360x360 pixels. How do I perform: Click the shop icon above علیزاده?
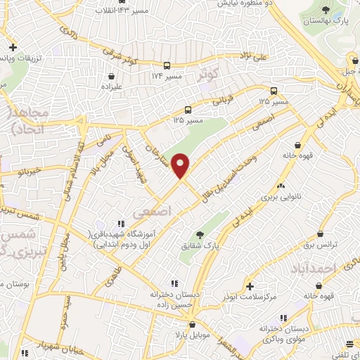(x=111, y=75)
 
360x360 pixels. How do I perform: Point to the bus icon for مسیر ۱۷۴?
(x=167, y=62)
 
